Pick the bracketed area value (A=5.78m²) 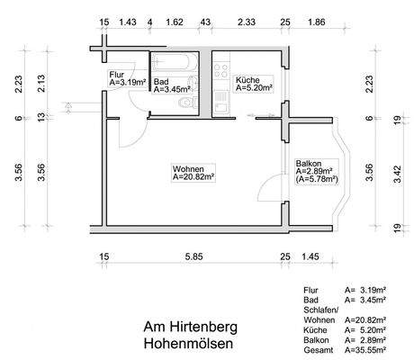(x=317, y=180)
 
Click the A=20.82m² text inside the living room (x=193, y=177)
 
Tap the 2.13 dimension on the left (x=40, y=85)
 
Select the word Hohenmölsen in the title (x=186, y=345)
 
